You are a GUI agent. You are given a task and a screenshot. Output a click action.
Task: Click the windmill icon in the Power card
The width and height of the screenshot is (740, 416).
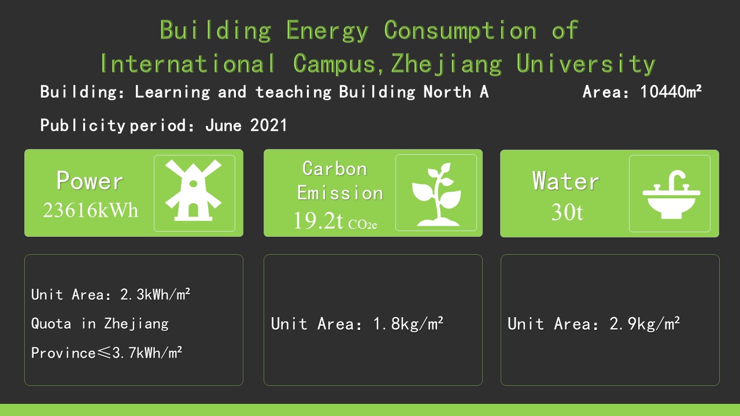(x=193, y=190)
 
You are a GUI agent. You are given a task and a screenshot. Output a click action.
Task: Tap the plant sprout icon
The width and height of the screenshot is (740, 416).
(x=436, y=194)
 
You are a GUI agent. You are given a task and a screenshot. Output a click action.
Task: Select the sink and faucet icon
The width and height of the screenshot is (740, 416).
(x=671, y=194)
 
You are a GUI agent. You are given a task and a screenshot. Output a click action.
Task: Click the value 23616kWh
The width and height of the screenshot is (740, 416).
(x=90, y=210)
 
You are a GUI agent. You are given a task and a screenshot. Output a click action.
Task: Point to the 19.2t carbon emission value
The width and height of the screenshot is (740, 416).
(x=319, y=221)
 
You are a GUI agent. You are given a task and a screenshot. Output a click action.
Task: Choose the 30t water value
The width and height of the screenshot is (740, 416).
(x=567, y=211)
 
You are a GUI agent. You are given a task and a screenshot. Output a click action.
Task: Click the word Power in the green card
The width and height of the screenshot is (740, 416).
(x=90, y=181)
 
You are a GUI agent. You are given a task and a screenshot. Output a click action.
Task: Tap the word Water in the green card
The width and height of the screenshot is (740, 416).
(x=565, y=181)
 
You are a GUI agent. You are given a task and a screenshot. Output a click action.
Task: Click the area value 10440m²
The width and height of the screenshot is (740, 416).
(x=671, y=91)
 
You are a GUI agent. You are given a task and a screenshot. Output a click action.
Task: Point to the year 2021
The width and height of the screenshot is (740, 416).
(x=268, y=125)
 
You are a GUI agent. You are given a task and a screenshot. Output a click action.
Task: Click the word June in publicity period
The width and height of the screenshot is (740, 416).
(x=223, y=125)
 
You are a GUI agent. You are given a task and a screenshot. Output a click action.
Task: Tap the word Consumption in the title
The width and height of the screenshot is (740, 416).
(x=460, y=31)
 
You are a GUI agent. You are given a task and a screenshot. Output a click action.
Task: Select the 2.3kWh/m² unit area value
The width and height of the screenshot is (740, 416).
(x=155, y=294)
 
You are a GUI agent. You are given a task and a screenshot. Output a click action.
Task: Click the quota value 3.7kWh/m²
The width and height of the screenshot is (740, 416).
(x=147, y=353)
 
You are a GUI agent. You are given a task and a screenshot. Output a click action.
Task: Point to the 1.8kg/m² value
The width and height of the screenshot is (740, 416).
(x=408, y=324)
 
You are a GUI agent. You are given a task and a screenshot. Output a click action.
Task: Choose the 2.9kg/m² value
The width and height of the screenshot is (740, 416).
(x=645, y=324)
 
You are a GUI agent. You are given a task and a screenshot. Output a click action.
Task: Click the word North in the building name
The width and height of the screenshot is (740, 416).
(x=447, y=91)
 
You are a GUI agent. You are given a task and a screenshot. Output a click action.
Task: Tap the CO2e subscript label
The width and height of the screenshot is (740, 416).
(x=362, y=225)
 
